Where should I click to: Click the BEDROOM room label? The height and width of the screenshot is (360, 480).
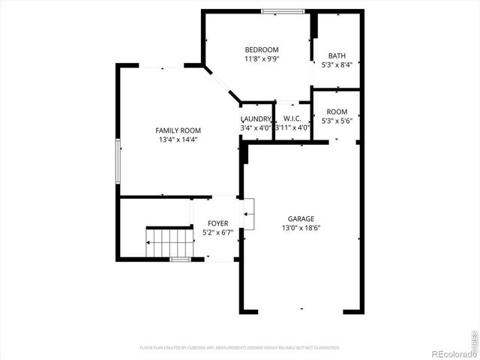261,49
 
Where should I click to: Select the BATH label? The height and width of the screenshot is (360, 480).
337,55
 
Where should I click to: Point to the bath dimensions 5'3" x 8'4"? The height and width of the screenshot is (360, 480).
337,64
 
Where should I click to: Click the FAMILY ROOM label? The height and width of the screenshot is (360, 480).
178,130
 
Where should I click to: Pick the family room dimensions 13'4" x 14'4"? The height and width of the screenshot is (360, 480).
178,139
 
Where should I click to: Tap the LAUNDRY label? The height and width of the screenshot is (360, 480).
256,119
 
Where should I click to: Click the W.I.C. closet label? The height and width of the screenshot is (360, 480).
292,118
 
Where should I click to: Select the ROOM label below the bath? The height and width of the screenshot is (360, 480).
337,112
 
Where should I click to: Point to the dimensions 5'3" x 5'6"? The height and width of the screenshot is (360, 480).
337,121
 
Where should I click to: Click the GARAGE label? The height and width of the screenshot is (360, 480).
301,219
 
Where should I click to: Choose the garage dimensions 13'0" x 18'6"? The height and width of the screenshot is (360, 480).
301,228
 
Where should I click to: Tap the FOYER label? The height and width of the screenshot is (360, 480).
218,223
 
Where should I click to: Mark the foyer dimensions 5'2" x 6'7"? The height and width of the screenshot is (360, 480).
218,232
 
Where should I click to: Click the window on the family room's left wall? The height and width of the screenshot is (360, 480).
118,160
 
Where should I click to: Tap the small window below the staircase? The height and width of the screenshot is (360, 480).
179,259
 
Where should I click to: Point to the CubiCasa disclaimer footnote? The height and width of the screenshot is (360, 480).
240,348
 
